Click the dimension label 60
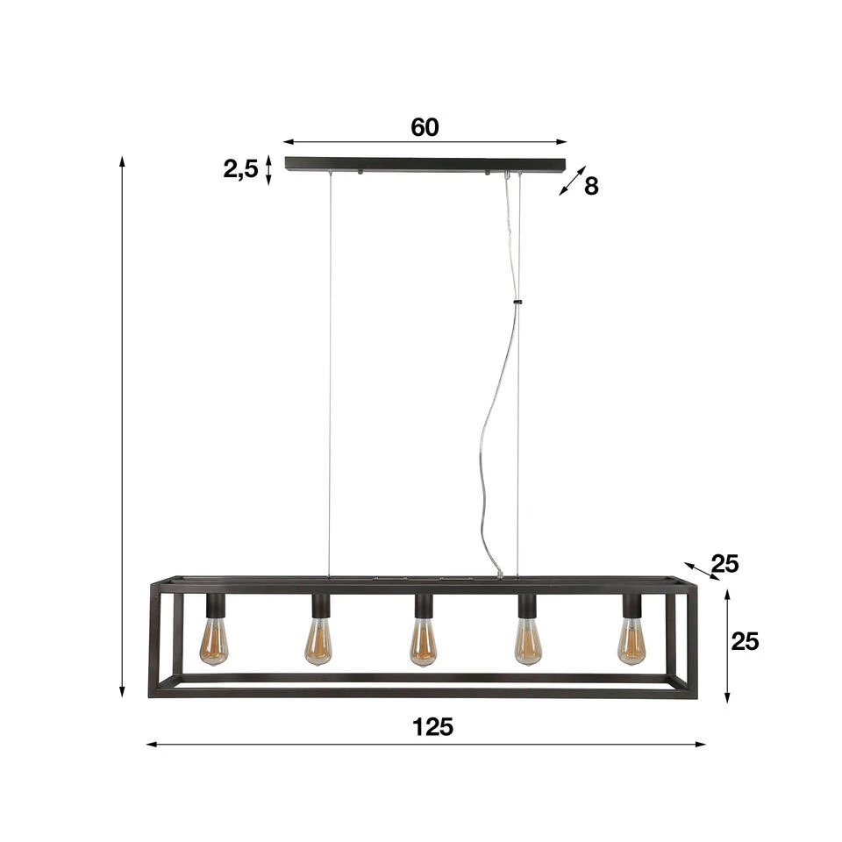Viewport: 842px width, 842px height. pos(425,127)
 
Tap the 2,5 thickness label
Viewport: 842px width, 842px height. pos(240,169)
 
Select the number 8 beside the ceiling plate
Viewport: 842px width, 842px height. pos(591,186)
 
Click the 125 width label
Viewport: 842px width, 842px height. pos(432,727)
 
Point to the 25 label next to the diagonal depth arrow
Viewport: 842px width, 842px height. pos(725,564)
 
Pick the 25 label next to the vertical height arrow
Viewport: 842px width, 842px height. pos(745,641)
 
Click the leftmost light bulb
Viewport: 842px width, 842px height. pos(215,641)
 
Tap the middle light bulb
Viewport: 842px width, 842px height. pos(423,642)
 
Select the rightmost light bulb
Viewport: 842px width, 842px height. pos(631,641)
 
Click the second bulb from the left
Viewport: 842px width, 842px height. pos(318,642)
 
